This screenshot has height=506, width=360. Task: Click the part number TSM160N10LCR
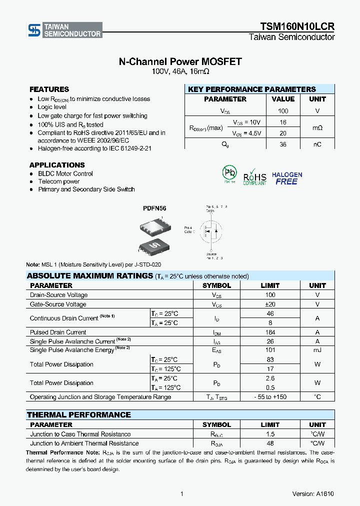click(x=297, y=26)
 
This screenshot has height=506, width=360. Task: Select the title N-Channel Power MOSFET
click(x=180, y=61)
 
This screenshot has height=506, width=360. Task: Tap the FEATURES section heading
click(x=49, y=89)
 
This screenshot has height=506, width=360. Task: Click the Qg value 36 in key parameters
click(x=283, y=144)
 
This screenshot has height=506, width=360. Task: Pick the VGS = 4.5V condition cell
click(x=247, y=133)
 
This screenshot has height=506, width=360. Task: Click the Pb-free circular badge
click(x=229, y=173)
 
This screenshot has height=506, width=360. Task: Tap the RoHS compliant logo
click(x=255, y=177)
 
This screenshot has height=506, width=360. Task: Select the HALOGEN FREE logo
click(x=287, y=178)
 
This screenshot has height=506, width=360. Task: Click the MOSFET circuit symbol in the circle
click(x=210, y=231)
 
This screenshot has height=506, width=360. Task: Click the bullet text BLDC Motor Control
click(x=65, y=173)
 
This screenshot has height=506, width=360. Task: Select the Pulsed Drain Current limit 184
click(x=270, y=332)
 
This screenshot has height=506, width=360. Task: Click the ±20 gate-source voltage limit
click(x=270, y=304)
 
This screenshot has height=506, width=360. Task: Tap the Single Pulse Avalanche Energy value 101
click(x=270, y=350)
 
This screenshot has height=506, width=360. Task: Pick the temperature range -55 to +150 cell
click(x=270, y=397)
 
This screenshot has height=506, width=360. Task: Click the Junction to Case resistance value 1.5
click(x=270, y=434)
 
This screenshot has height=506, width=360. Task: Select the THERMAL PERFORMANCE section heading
click(x=78, y=415)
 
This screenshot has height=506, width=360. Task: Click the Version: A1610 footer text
click(x=313, y=493)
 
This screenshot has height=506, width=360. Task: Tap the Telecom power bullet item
click(x=58, y=181)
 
